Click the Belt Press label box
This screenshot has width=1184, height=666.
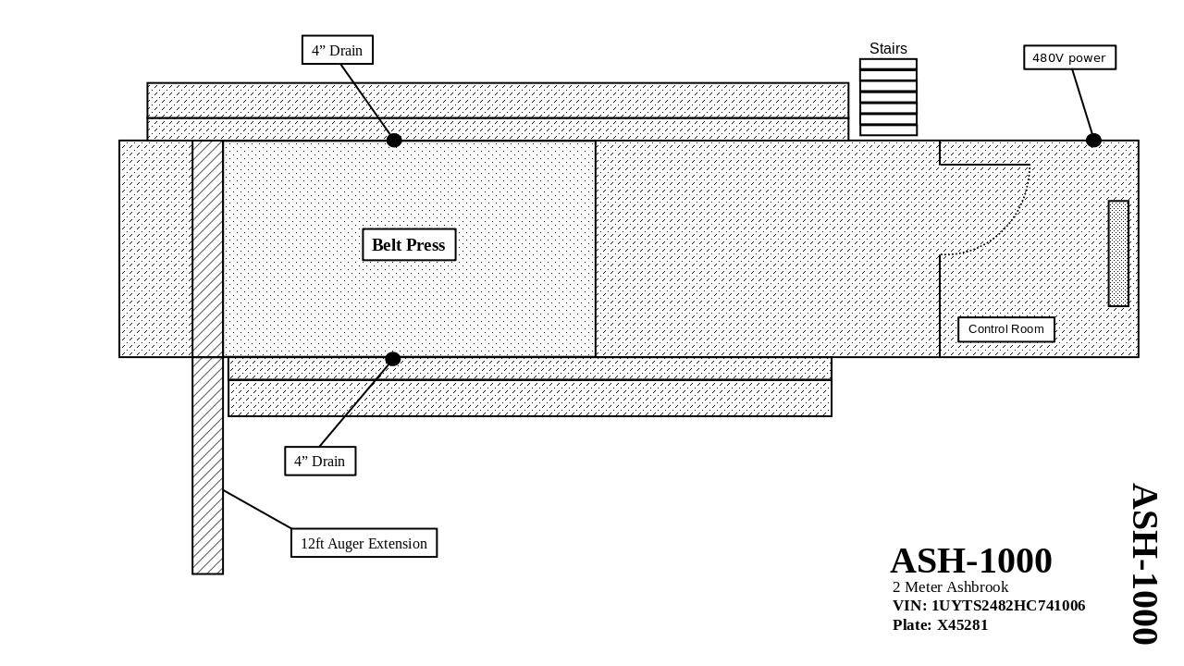point(409,245)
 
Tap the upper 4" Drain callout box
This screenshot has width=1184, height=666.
point(338,50)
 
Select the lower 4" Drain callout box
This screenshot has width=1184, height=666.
point(320,461)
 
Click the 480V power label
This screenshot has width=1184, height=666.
point(1069,57)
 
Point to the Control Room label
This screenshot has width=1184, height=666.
point(1006,329)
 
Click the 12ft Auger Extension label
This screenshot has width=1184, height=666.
point(364,543)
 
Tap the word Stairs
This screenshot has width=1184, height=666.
point(888,49)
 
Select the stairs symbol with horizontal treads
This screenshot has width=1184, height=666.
point(888,97)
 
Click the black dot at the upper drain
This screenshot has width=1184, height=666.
point(394,141)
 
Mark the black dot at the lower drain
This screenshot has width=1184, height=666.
point(393,359)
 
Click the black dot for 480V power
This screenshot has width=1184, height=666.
point(1093,141)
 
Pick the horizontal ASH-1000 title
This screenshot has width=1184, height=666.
point(971,561)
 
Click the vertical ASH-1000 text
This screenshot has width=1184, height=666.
point(1144,563)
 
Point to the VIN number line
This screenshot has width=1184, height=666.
point(989,606)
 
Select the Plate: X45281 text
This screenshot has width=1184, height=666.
point(940,625)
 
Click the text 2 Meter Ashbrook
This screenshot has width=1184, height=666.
point(950,587)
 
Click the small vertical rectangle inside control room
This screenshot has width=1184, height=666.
point(1118,253)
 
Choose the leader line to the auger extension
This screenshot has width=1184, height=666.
point(257,510)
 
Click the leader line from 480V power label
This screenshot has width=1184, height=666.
point(1082,102)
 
